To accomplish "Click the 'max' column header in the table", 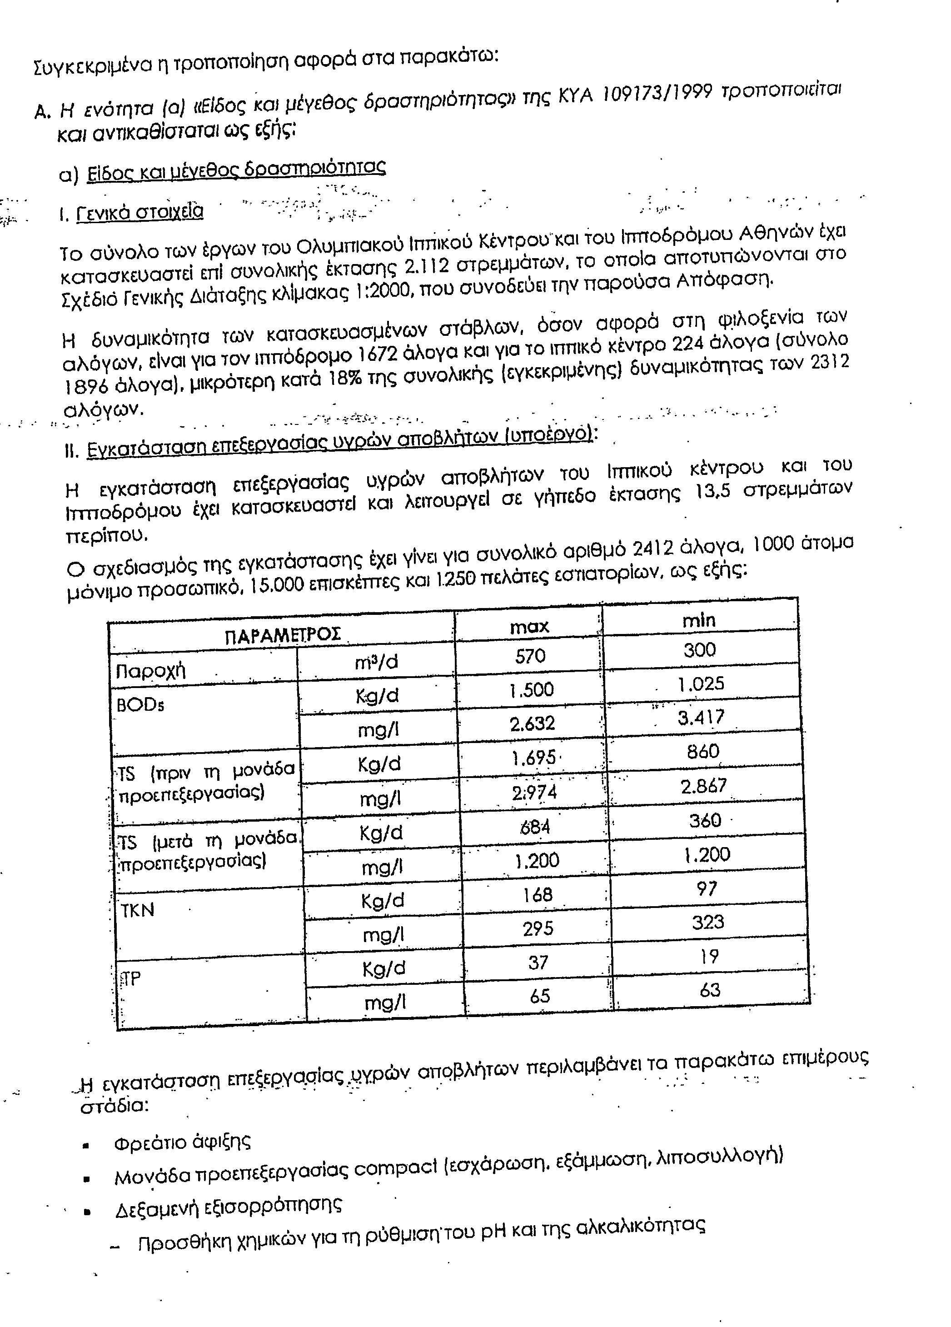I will pos(529,627).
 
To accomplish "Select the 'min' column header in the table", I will pos(699,619).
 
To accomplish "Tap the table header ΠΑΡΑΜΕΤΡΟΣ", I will pos(283,635).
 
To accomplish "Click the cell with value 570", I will pos(530,656).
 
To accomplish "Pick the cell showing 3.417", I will pos(701,717).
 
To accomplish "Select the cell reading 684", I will pos(535,826).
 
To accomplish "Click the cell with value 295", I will pos(537,928).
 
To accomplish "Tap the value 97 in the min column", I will pos(707,889).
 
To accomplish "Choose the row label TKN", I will pos(137,910).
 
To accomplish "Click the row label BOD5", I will pos(140,705).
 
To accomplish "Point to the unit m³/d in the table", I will pos(376,662).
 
